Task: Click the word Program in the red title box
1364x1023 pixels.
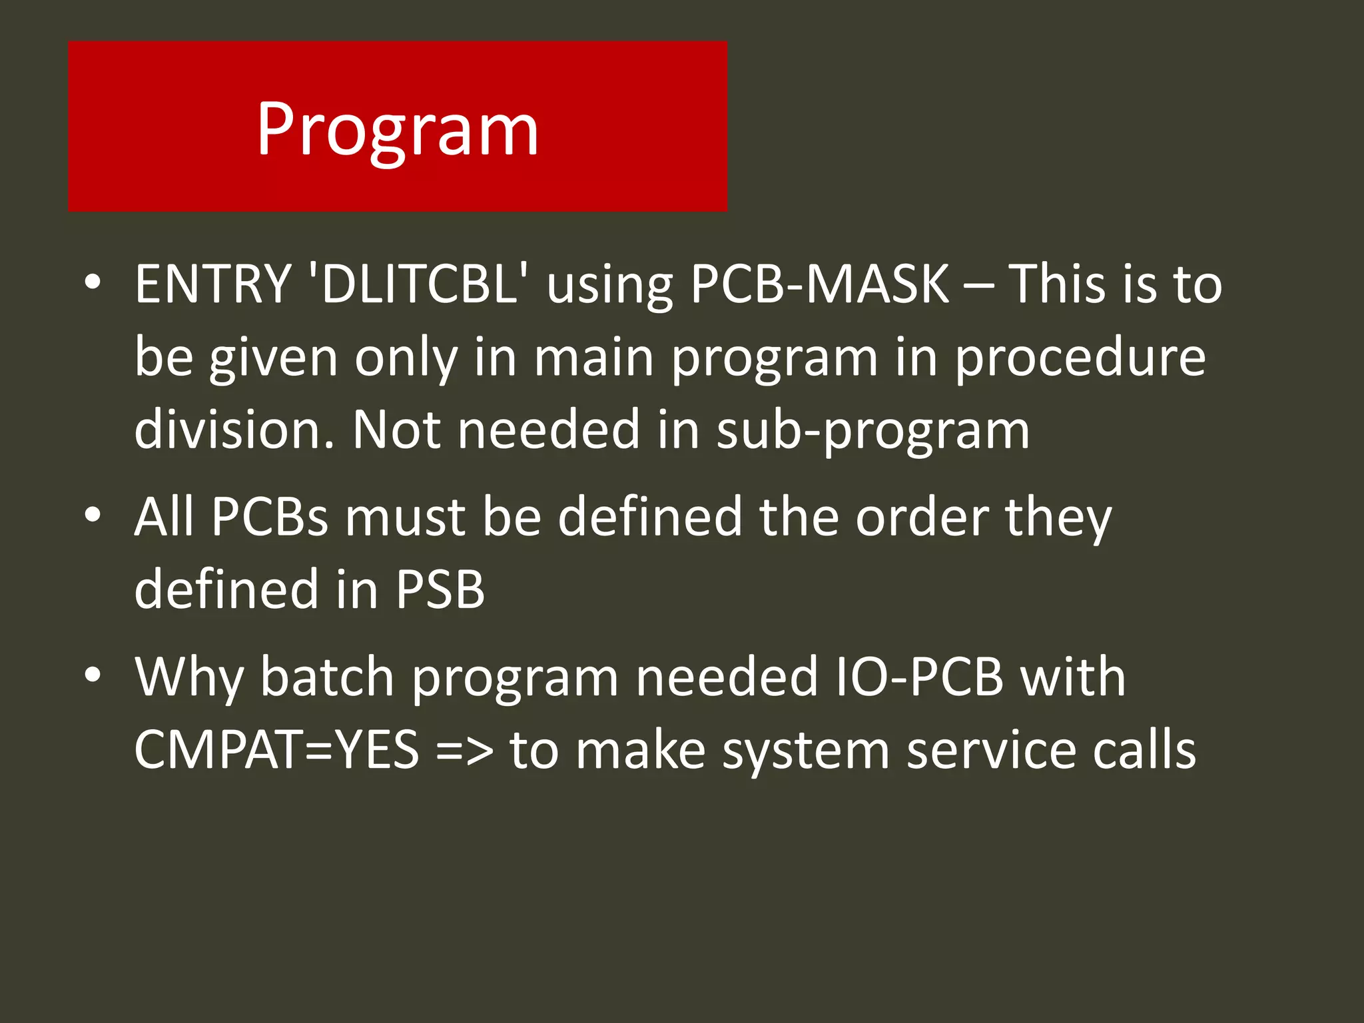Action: pos(398,129)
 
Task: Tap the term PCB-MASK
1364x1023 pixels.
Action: pos(820,284)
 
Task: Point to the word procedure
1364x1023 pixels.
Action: pos(1080,358)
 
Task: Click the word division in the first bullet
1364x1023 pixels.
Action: pos(234,430)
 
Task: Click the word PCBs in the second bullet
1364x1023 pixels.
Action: pos(270,517)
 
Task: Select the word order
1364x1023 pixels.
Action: pos(922,517)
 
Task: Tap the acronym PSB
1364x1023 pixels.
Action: pos(440,589)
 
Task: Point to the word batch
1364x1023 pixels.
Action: pos(327,677)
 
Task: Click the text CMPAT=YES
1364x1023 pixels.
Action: pos(276,750)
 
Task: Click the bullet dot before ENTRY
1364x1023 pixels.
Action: pos(93,282)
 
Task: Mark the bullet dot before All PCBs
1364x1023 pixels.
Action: pos(93,515)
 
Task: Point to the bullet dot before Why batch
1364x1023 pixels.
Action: pos(93,675)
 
